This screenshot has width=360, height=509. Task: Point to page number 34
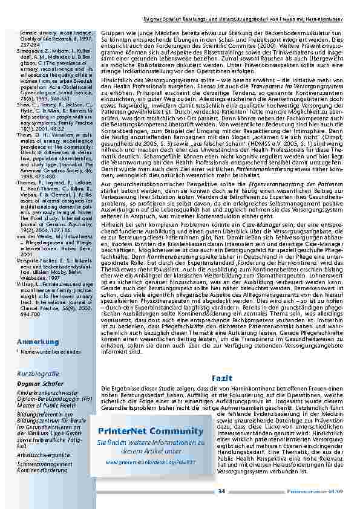click(221, 491)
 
